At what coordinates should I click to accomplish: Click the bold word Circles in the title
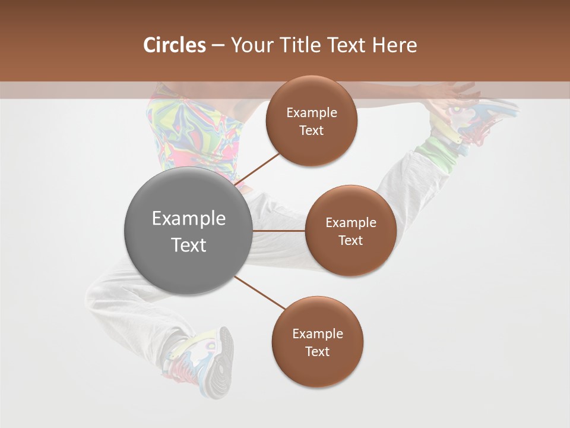[x=175, y=45]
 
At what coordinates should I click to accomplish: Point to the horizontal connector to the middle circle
[x=279, y=231]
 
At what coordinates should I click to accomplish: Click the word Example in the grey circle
[x=189, y=219]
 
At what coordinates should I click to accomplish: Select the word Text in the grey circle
[x=189, y=245]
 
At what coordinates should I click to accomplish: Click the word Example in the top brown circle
[x=311, y=113]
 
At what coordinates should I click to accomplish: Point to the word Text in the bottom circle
[x=317, y=352]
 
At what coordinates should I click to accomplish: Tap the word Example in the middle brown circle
[x=350, y=223]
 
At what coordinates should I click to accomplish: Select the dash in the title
[x=218, y=46]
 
